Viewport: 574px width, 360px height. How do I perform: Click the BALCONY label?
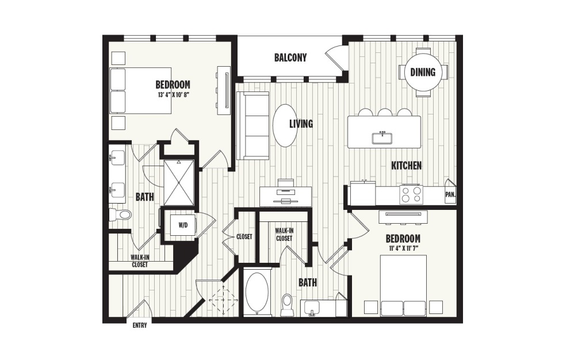(x=290, y=58)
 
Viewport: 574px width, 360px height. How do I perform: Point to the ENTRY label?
(x=139, y=325)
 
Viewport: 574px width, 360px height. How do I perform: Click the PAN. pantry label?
(x=450, y=194)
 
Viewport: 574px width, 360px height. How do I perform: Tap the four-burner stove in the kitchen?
(x=411, y=194)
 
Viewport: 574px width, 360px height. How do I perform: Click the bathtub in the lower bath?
(x=257, y=292)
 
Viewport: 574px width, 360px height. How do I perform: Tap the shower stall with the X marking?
(x=179, y=182)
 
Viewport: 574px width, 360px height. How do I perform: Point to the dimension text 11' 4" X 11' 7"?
(x=402, y=248)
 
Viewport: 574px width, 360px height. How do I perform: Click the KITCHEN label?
(x=406, y=166)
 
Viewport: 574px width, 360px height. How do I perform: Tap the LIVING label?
(x=301, y=124)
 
